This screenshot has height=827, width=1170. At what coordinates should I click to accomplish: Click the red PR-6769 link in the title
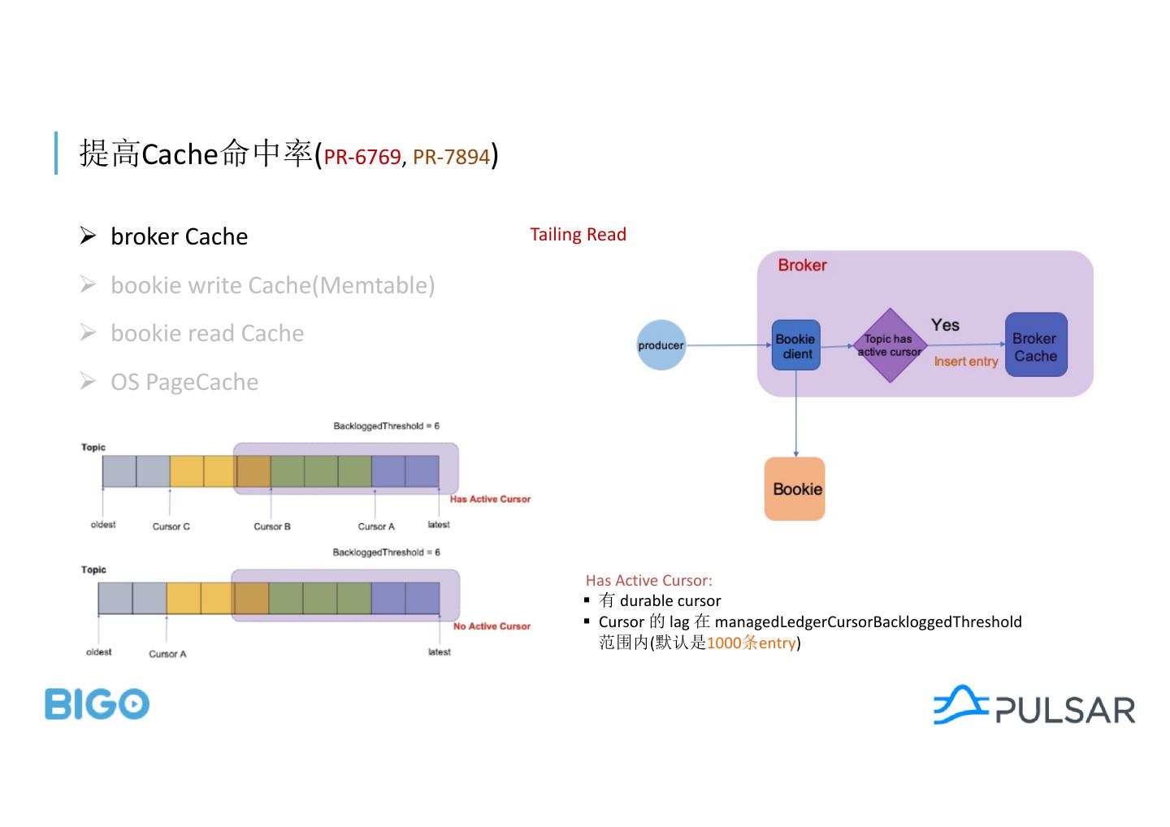click(x=362, y=157)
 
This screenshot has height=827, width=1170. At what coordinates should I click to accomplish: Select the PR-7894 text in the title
click(x=452, y=157)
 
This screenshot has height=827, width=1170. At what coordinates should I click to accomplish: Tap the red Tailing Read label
click(x=578, y=235)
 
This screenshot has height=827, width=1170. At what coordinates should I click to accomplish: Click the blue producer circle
click(x=661, y=345)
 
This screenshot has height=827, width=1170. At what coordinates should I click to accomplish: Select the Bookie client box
click(x=796, y=345)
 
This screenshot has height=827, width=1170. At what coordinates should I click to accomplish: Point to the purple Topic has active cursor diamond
click(x=890, y=345)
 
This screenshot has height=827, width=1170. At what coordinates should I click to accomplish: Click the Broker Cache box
click(x=1036, y=344)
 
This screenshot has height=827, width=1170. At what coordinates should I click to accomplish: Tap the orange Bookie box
click(x=795, y=489)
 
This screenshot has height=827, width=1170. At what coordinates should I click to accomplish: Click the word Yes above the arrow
click(x=946, y=325)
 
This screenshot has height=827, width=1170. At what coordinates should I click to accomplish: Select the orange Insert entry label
click(x=966, y=362)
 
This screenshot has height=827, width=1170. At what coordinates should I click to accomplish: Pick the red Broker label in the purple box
click(x=802, y=265)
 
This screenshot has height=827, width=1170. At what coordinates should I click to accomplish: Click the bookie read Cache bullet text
click(x=207, y=333)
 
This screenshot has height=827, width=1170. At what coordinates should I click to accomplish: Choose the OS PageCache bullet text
click(x=184, y=382)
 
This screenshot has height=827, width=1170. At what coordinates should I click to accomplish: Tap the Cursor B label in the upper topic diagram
click(x=272, y=526)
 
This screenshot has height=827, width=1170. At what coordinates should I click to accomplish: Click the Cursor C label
click(x=171, y=526)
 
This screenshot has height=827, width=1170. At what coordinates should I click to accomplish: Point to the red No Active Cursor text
click(x=492, y=626)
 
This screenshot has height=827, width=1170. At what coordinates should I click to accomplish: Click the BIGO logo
click(x=97, y=704)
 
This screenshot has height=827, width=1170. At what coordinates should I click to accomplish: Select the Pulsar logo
click(x=1034, y=706)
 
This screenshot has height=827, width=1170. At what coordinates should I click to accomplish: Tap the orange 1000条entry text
click(x=751, y=643)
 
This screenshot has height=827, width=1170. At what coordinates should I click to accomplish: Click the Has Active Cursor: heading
click(x=648, y=581)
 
